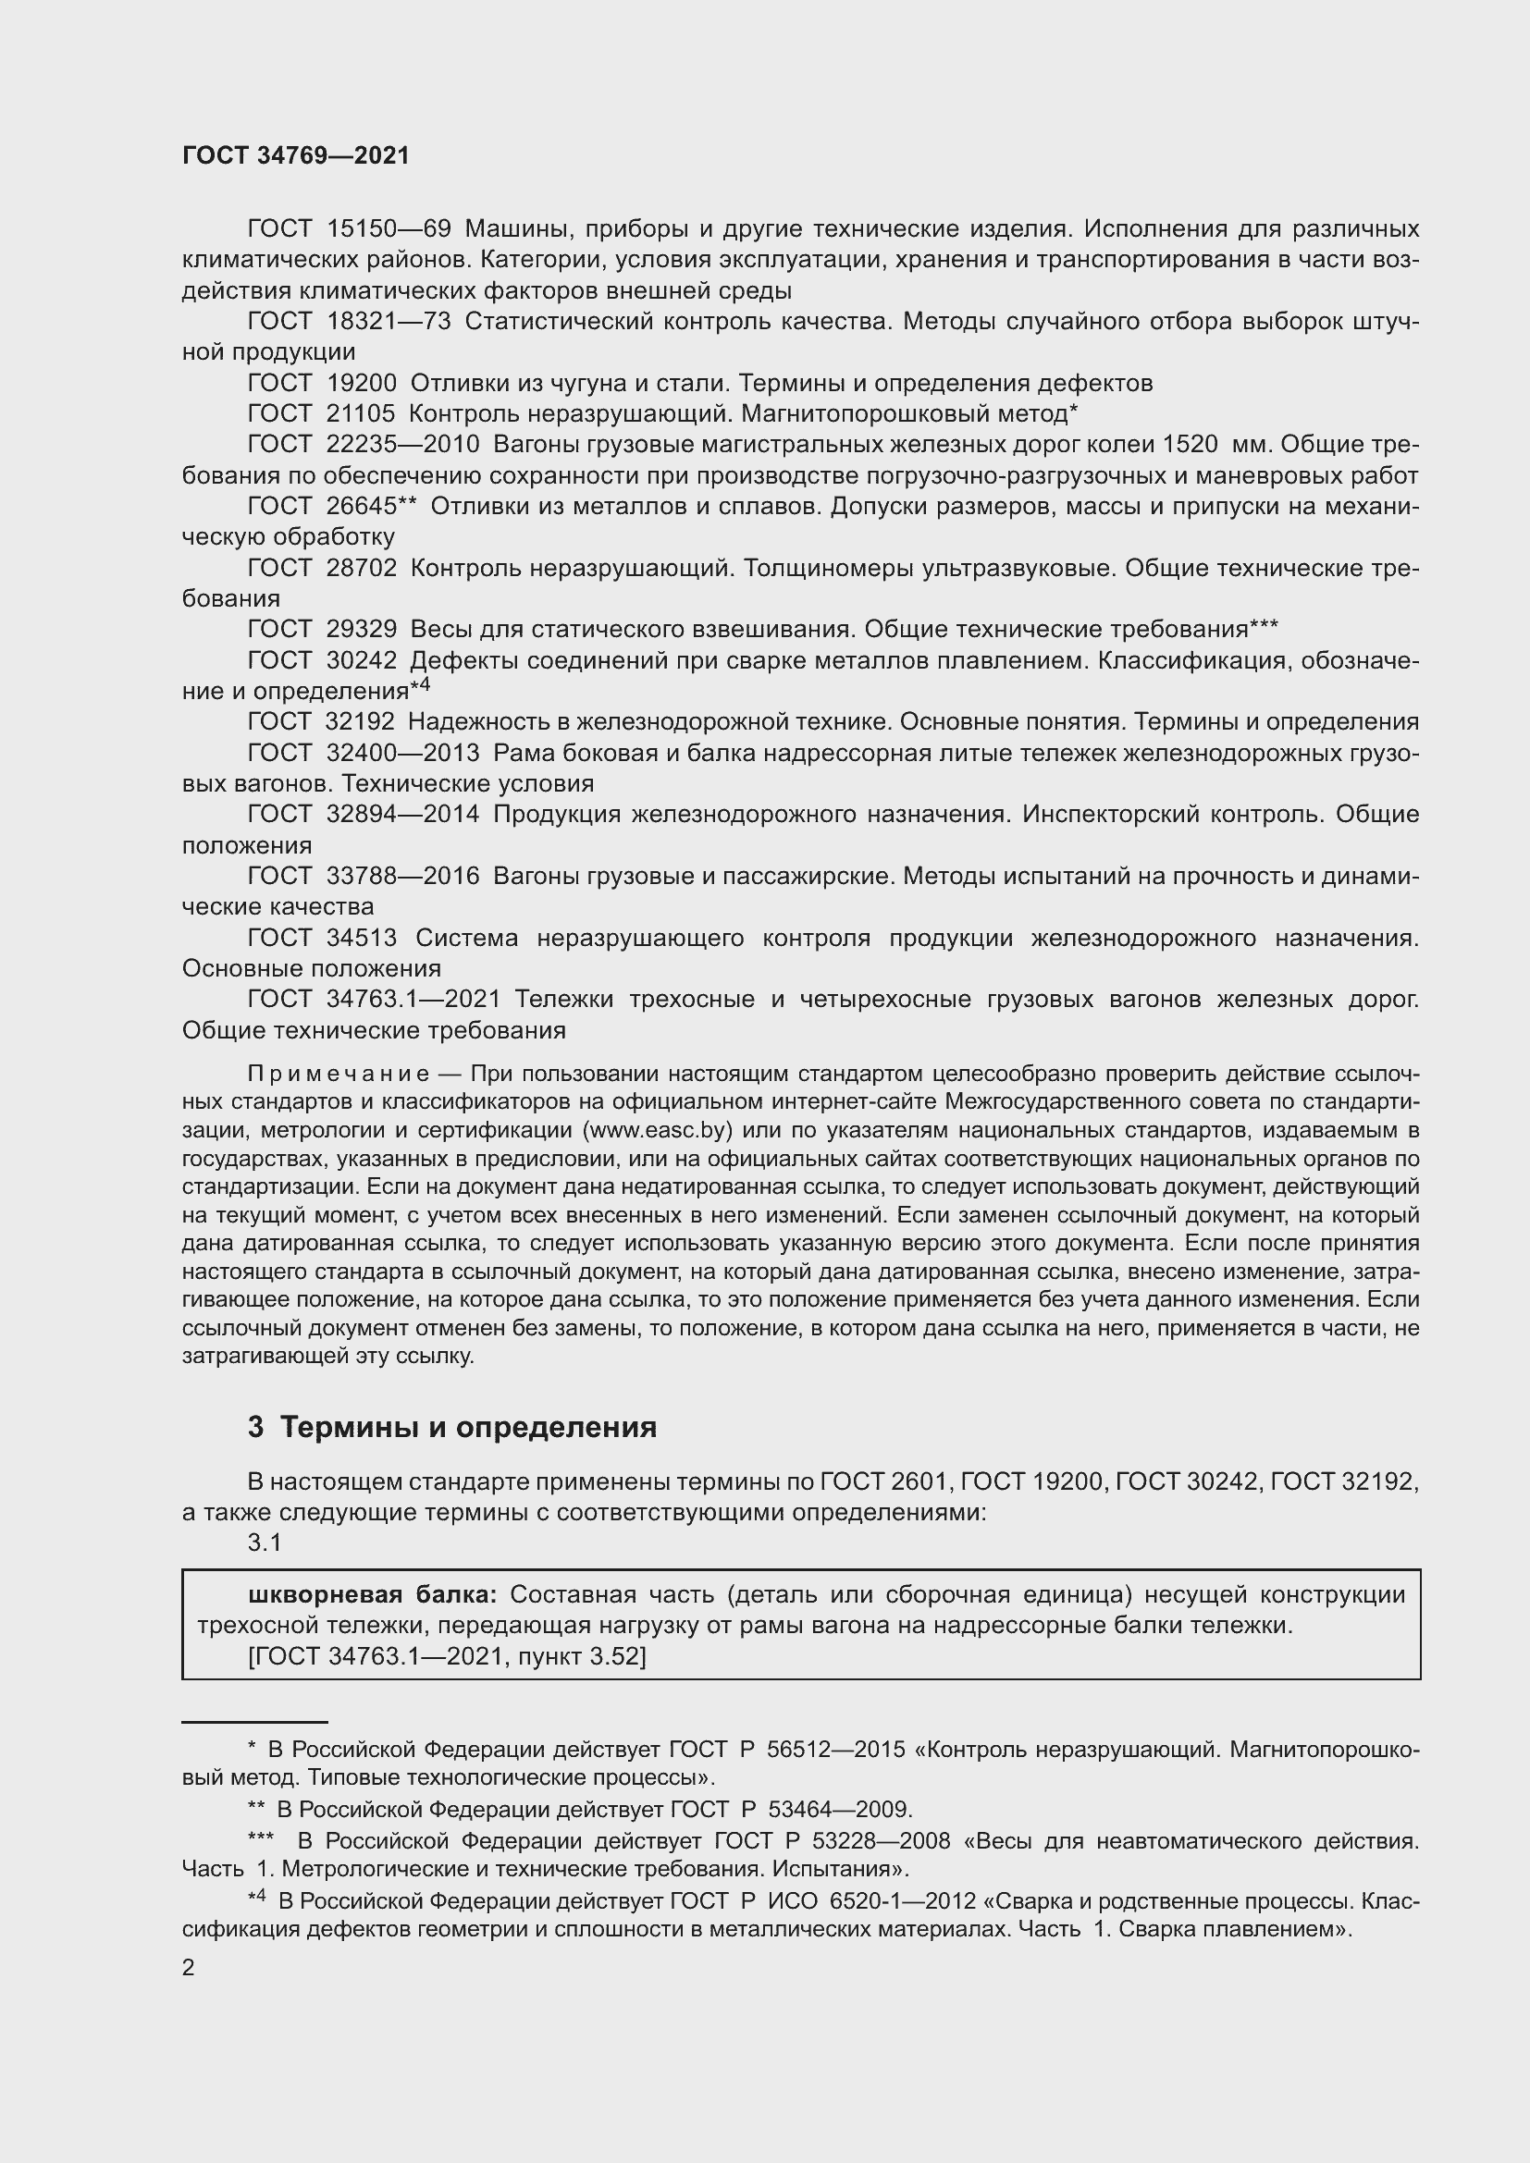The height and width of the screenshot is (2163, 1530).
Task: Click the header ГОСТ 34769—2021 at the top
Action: [296, 156]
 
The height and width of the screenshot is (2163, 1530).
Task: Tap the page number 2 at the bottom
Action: [189, 1968]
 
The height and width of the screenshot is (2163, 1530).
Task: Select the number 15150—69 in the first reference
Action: [389, 229]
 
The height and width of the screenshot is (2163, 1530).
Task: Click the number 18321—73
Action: [389, 321]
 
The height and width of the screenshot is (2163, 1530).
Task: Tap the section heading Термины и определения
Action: [468, 1427]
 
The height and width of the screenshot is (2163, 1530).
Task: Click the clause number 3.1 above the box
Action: [265, 1542]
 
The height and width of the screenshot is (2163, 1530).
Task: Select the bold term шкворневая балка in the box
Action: [372, 1595]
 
